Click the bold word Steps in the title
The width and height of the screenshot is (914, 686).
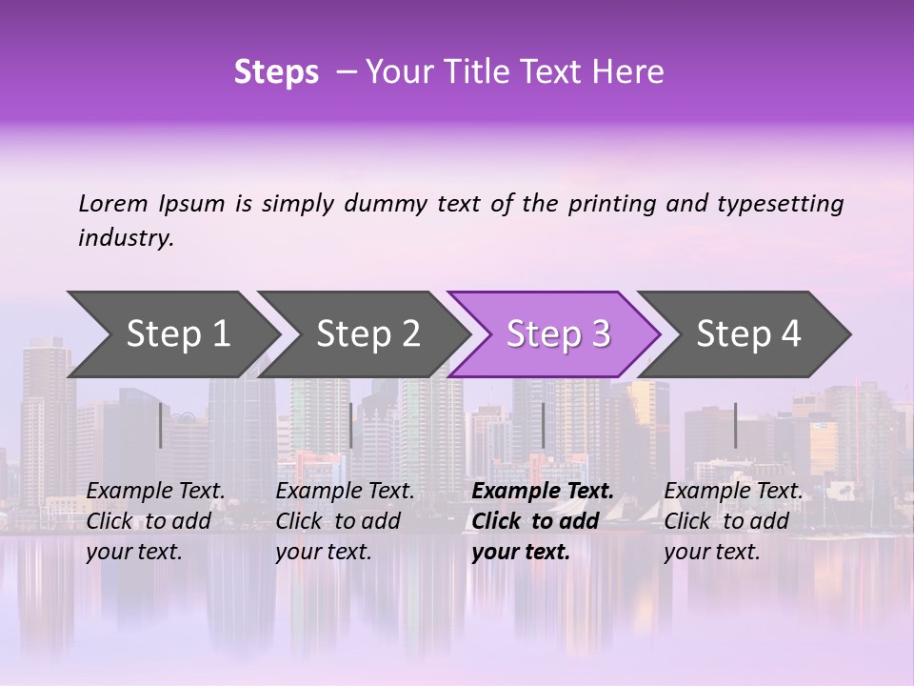coord(276,72)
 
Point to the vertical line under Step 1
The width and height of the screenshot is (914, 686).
coord(161,425)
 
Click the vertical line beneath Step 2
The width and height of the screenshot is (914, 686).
coord(351,425)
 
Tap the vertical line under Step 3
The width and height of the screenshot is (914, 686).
coord(543,425)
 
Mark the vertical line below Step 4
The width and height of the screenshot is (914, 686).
coord(735,425)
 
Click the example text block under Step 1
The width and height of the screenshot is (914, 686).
coord(155,521)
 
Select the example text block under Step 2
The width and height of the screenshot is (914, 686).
coord(345,521)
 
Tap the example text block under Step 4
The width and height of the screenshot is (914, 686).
coord(733,521)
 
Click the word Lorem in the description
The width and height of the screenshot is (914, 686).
coord(113,203)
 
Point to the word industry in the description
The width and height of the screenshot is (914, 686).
coord(126,238)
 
